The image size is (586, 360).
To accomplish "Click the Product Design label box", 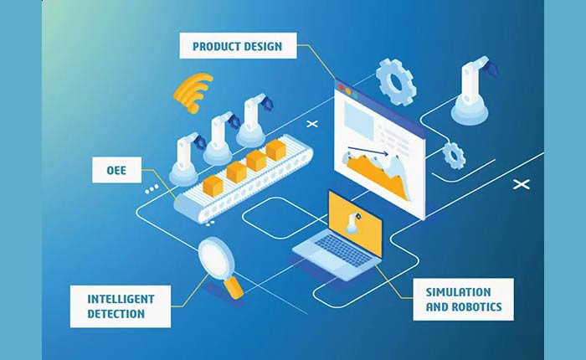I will (x=238, y=45).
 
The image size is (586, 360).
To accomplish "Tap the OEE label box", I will (x=115, y=171).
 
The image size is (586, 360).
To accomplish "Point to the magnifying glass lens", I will (x=219, y=255).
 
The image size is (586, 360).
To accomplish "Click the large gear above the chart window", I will (x=394, y=80).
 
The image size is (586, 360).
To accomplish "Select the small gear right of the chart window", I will (x=454, y=155).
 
